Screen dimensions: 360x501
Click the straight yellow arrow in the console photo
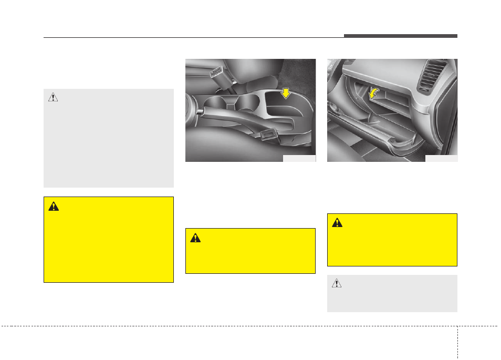pos(286,94)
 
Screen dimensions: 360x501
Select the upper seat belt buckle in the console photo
pos(216,72)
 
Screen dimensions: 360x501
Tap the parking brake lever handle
pos(221,117)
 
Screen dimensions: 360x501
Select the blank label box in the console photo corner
pos(299,158)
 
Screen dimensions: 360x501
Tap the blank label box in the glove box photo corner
pos(441,158)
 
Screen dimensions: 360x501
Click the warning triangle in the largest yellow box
pos(54,207)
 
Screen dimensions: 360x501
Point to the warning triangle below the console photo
pos(195,238)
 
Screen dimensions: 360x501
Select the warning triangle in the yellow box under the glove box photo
pos(337,223)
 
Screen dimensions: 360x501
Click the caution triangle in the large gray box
pos(53,97)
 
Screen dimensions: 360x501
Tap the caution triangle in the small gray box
pos(337,284)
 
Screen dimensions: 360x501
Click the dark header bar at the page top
pos(401,36)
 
